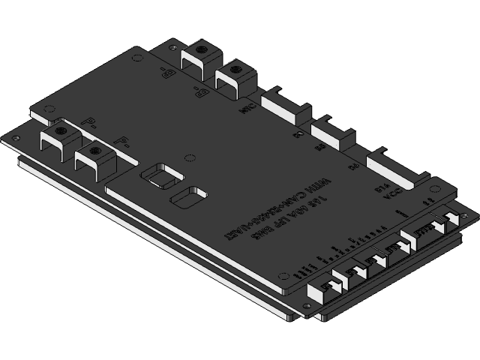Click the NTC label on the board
pos(245,109)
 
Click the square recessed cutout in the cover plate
pos(161,175)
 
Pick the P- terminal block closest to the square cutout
pos(94,160)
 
